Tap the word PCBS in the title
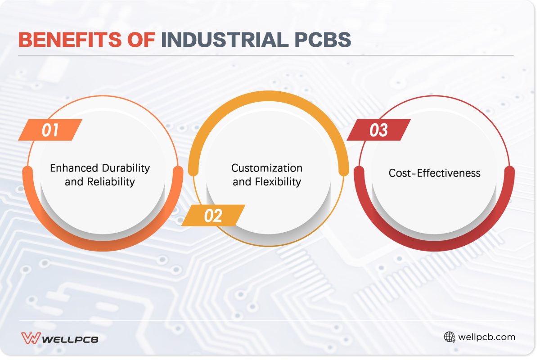pos(320,40)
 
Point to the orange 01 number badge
pos(50,130)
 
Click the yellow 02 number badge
pos(213,216)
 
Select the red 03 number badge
pos(379,130)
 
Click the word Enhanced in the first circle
pos(73,168)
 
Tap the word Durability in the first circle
pos(125,168)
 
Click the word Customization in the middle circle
pos(267,168)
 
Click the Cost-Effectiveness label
pos(434,173)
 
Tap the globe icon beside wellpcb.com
pos(449,337)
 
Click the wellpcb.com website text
pos(486,337)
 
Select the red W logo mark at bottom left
pos(30,338)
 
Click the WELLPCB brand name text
pos(70,339)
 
